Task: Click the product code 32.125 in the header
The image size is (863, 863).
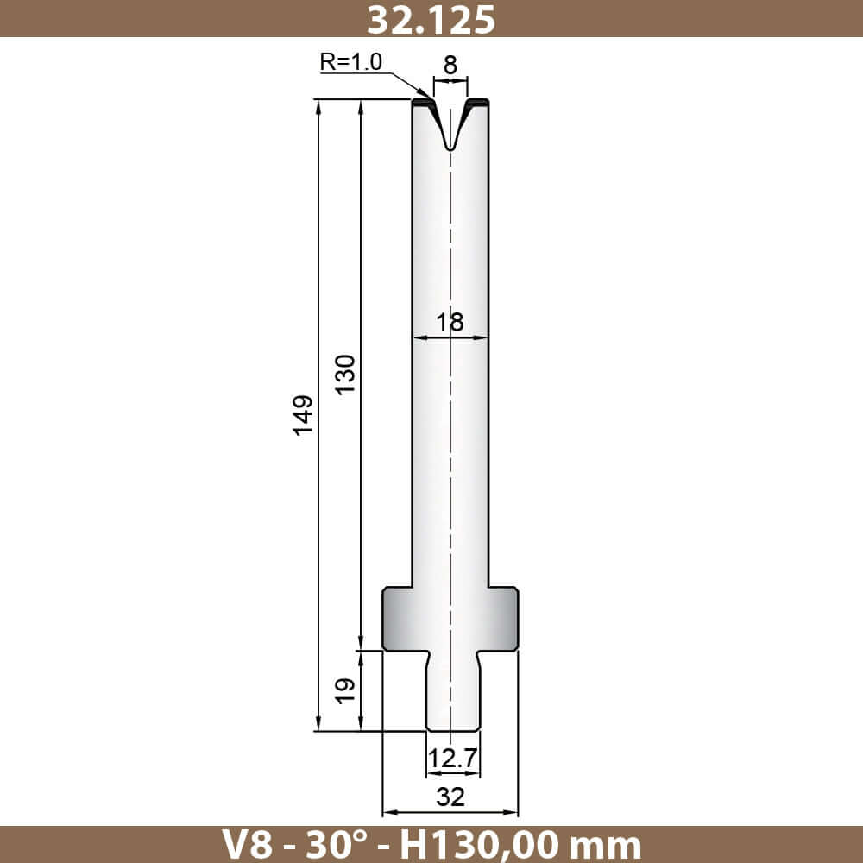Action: (431, 19)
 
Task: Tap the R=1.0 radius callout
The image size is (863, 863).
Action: (350, 61)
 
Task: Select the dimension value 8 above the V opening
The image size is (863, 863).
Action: (450, 65)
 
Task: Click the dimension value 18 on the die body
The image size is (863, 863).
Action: (450, 322)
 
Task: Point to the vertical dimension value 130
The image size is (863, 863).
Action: (346, 375)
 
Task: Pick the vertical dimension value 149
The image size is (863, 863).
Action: (303, 415)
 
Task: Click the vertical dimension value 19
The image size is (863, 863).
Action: (346, 690)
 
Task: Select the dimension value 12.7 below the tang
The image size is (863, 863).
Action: (452, 759)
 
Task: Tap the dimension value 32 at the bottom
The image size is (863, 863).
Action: (450, 797)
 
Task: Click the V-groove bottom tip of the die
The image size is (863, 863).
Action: (450, 148)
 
